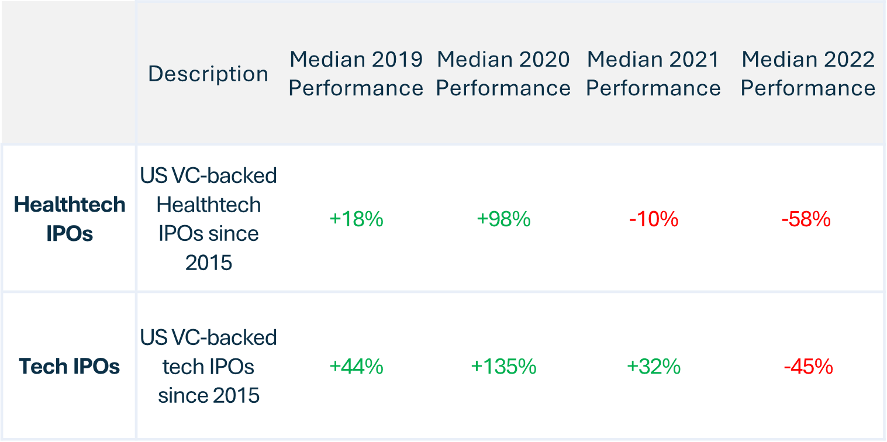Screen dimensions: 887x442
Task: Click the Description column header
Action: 208,74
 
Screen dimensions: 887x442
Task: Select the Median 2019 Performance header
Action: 356,74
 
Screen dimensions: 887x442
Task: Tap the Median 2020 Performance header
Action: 503,74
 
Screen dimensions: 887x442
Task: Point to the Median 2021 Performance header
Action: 653,74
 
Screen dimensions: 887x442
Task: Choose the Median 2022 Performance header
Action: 808,74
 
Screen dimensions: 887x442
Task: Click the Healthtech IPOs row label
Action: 70,219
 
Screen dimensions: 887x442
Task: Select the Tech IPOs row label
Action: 70,366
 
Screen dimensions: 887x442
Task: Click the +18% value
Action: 357,219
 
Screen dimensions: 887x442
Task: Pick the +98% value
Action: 503,219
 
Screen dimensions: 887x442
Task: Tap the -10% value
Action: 654,219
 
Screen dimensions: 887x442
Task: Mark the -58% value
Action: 806,219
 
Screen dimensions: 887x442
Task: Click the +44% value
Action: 357,367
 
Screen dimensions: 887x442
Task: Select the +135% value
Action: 503,367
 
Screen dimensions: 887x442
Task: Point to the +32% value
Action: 654,367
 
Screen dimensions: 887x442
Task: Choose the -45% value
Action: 809,367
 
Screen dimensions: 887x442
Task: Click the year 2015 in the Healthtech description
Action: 209,263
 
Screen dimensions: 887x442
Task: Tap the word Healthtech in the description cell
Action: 209,205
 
